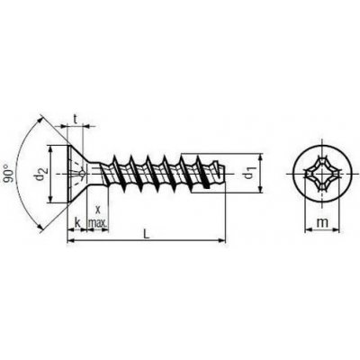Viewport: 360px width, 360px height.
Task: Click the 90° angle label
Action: tap(10, 174)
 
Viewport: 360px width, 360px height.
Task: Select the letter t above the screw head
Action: tap(76, 120)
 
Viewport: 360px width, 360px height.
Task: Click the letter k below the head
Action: tap(77, 222)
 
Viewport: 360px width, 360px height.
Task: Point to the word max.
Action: tap(97, 223)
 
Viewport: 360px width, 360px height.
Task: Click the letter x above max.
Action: tap(97, 208)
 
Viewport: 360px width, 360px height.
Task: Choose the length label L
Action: tap(146, 234)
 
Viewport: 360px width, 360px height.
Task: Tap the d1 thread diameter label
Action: tap(247, 173)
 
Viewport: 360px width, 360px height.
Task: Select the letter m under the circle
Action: tap(322, 223)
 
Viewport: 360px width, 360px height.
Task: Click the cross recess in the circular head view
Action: tap(322, 175)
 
